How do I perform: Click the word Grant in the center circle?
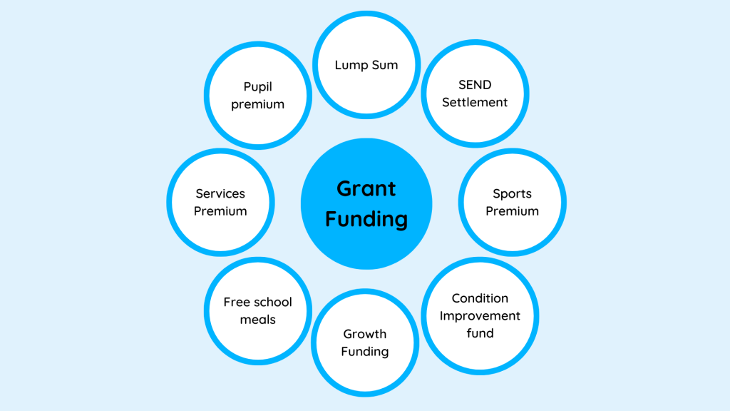tap(366, 189)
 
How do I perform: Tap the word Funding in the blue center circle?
tap(366, 219)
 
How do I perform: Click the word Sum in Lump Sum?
tap(384, 65)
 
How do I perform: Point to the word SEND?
tap(475, 85)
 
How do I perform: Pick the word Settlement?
tap(475, 102)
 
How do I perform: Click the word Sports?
tap(512, 194)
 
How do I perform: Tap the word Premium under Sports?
tap(512, 211)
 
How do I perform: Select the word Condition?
tap(480, 298)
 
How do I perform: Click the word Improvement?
tap(480, 315)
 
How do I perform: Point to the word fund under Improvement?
tap(480, 333)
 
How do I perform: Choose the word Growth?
tap(364, 334)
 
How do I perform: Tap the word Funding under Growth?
tap(364, 351)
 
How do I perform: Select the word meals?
tap(257, 320)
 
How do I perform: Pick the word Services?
tap(220, 194)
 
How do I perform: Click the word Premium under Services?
tap(220, 211)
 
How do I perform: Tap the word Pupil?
tap(257, 87)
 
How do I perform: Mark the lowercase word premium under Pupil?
tap(257, 104)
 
